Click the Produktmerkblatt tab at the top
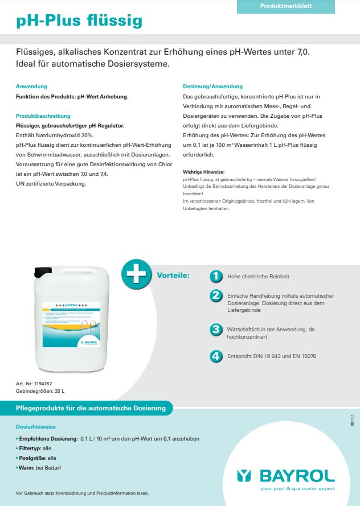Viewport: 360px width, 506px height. (x=285, y=6)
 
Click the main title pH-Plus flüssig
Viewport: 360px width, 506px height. (x=79, y=22)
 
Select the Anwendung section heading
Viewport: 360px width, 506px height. (x=31, y=87)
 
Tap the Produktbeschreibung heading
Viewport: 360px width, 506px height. (x=43, y=116)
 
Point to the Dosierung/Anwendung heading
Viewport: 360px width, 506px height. (x=212, y=87)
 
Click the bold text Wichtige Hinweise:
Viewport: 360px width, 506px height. (x=203, y=171)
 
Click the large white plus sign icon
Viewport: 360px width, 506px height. (x=136, y=275)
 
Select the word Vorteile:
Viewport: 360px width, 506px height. (x=173, y=275)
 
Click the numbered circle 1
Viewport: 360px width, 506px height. (x=216, y=276)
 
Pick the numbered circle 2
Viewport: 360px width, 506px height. (x=216, y=295)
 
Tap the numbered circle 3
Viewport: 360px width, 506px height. (x=216, y=329)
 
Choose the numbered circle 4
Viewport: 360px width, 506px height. (x=216, y=356)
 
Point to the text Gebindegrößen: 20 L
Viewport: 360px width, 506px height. (x=40, y=392)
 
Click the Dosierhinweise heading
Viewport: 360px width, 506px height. (x=36, y=426)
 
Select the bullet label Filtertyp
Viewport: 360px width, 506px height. (x=30, y=449)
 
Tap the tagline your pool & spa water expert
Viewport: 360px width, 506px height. (x=297, y=488)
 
